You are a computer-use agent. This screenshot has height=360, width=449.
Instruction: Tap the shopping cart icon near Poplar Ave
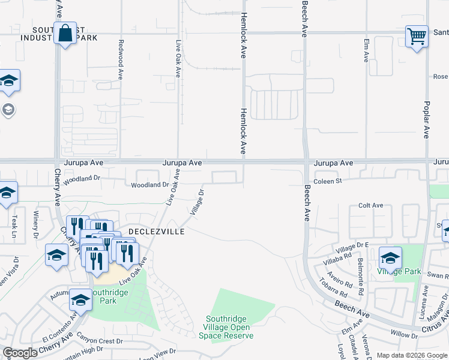416,37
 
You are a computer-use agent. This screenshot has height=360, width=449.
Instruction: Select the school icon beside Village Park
390,258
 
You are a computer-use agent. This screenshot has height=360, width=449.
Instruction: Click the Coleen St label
327,181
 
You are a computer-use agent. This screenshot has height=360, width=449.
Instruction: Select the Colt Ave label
370,205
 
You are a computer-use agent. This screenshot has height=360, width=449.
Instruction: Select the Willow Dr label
403,336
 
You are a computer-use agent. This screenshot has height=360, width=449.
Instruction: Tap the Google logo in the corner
20,353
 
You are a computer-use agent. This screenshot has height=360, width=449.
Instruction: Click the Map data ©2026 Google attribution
412,355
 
